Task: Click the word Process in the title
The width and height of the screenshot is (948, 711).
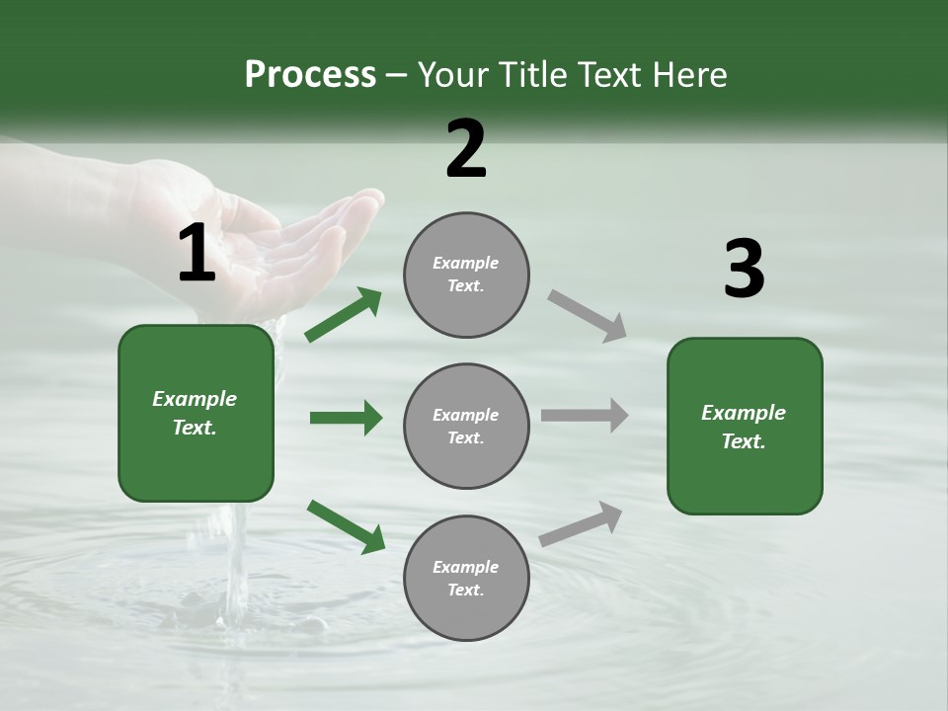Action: coord(310,74)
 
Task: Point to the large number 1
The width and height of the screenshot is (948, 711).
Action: coord(197,254)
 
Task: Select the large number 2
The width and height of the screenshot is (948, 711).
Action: coord(466,149)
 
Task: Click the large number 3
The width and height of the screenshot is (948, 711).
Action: coord(744,270)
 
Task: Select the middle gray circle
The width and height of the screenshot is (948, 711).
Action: coord(466,426)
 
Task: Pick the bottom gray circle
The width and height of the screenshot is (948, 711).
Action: coord(466,578)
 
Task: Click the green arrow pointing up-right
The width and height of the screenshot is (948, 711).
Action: coord(344,315)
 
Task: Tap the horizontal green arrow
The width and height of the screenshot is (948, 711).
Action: coord(346,418)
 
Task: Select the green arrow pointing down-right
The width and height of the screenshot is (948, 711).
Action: coord(346,526)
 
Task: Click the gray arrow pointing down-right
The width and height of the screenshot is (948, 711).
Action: coord(588,316)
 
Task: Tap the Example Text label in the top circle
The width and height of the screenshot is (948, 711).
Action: coord(466,275)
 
